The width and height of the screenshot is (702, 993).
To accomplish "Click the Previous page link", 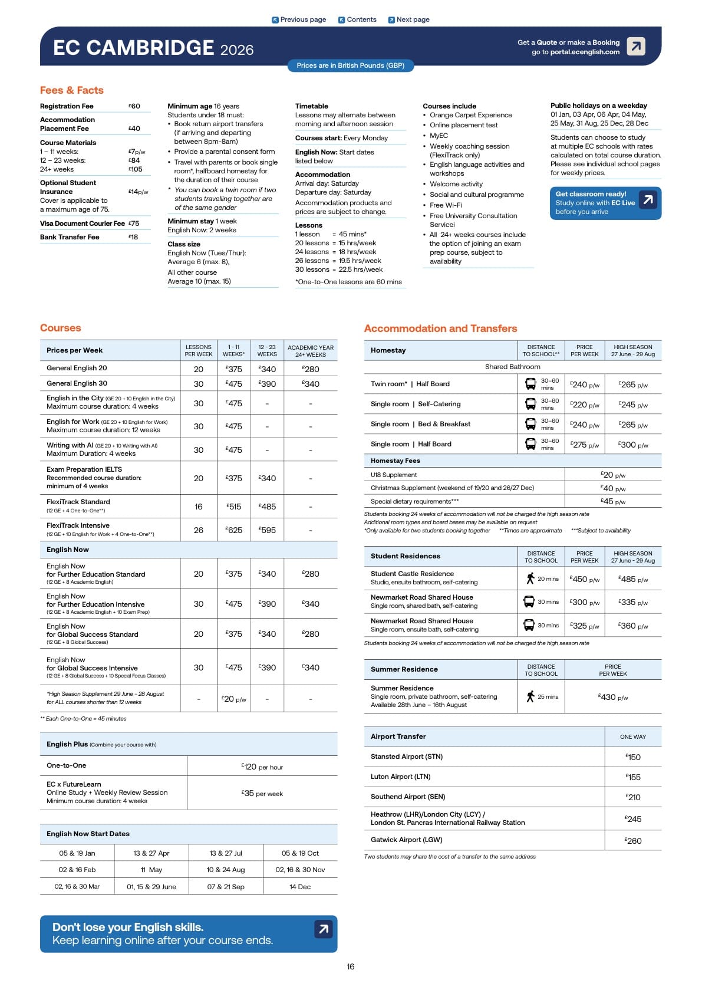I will (x=299, y=19).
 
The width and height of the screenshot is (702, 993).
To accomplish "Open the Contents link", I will (x=357, y=19).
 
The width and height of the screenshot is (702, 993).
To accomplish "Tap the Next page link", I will (x=408, y=19).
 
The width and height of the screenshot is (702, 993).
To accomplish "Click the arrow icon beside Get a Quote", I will (x=635, y=46).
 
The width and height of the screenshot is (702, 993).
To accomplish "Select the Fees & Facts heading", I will (x=72, y=90).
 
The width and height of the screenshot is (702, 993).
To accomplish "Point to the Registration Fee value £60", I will (x=134, y=106).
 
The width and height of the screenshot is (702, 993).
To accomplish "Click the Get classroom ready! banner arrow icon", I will (x=648, y=200).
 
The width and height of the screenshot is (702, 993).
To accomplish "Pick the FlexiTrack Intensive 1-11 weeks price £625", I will (x=234, y=530).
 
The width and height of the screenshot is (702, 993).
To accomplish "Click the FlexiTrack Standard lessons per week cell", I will (x=199, y=507).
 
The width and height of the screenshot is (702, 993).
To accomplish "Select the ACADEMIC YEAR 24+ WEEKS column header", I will (x=311, y=351).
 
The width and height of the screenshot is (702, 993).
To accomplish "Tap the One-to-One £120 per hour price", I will (x=262, y=767).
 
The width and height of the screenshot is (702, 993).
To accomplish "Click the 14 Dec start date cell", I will (x=300, y=886).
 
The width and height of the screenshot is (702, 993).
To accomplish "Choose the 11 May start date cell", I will (x=151, y=870).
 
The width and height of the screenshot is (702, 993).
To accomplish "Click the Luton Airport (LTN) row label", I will (x=401, y=777).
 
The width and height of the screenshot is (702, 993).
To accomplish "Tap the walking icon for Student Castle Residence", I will (x=530, y=578).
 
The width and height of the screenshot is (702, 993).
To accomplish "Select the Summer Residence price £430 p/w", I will (x=612, y=697).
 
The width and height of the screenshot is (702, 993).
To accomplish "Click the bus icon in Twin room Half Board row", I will (x=530, y=384).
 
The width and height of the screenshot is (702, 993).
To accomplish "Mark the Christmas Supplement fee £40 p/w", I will (x=612, y=488).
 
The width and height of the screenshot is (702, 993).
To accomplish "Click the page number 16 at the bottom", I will (x=351, y=966).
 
